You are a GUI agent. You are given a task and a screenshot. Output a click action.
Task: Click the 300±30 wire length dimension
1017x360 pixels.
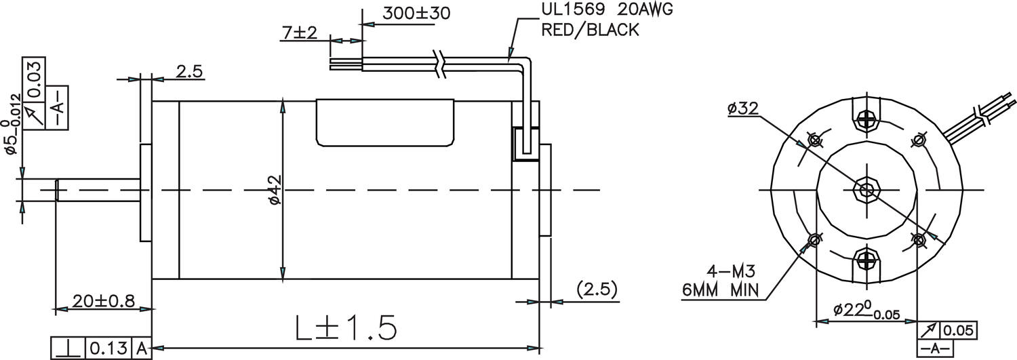407,13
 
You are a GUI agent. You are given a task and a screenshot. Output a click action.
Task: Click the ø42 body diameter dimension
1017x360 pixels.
275,190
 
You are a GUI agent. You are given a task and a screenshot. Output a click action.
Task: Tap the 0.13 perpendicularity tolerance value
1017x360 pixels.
108,349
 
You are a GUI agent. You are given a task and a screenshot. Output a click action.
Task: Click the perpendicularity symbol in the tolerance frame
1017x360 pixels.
68,349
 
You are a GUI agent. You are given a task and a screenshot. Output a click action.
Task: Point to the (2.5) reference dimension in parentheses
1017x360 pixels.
597,289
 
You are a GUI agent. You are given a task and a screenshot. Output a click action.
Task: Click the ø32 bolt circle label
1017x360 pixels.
743,108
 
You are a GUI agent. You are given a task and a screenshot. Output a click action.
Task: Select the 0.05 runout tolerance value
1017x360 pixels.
958,331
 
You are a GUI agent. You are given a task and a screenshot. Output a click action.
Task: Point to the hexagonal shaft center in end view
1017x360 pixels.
866,189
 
